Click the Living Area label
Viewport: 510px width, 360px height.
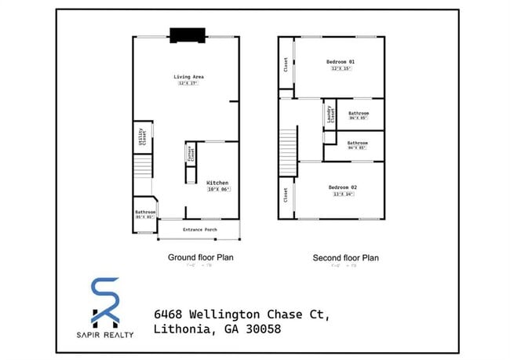coord(189,76)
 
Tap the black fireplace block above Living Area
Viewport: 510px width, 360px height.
coord(188,34)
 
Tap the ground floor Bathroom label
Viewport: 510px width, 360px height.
coord(145,212)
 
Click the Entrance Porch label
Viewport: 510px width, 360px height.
coord(199,229)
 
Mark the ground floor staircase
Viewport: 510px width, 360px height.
coord(141,167)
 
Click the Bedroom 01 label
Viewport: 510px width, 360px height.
coord(341,61)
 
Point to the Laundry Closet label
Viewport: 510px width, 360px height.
coord(330,115)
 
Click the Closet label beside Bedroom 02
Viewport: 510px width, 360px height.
coord(286,194)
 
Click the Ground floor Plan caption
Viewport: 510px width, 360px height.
coord(200,257)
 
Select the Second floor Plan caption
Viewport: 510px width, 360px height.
coord(346,257)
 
